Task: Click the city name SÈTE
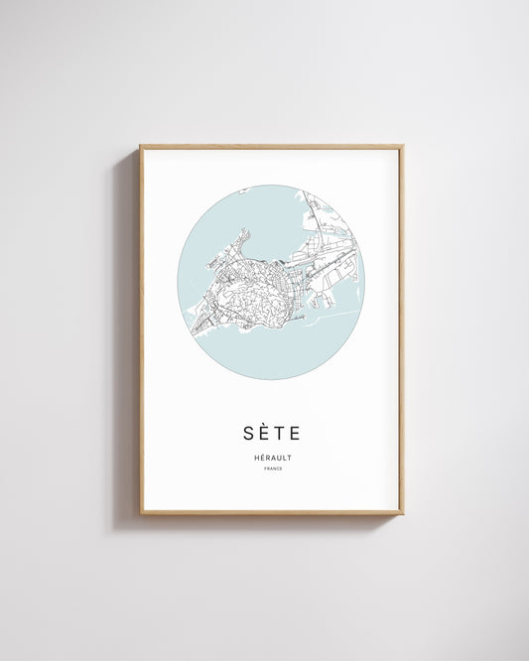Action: pyautogui.click(x=271, y=433)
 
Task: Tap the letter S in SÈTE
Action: pyautogui.click(x=248, y=433)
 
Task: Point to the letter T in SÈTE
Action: pyautogui.click(x=278, y=433)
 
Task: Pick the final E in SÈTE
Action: pyautogui.click(x=294, y=433)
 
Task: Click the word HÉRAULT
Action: pyautogui.click(x=271, y=458)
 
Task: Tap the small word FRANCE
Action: pyautogui.click(x=271, y=468)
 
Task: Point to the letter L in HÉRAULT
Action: pyautogui.click(x=283, y=458)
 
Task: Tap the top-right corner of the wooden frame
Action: pyautogui.click(x=402, y=147)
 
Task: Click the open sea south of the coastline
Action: pyautogui.click(x=278, y=352)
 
